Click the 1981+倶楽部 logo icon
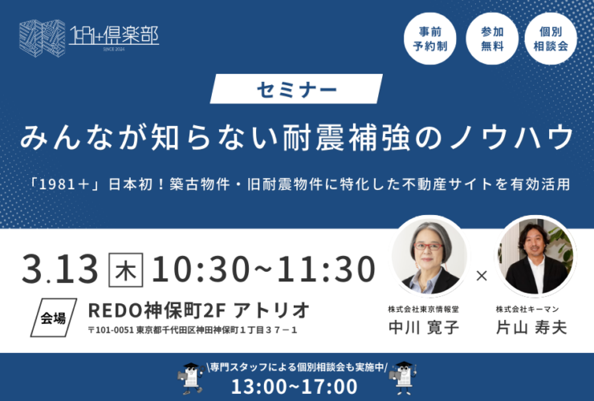(x=42, y=38)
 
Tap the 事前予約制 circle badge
(x=430, y=38)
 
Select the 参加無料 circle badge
(x=492, y=38)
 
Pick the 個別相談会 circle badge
(x=551, y=38)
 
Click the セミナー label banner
(x=296, y=89)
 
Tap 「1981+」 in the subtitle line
(x=66, y=184)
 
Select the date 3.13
(x=60, y=269)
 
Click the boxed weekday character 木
(x=126, y=270)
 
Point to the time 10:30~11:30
(x=263, y=269)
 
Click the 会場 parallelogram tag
(x=54, y=318)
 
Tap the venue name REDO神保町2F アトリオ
(x=199, y=311)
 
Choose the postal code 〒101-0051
(x=111, y=330)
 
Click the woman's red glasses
(x=428, y=246)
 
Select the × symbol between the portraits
(x=482, y=276)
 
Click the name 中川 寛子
(x=424, y=328)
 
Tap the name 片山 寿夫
(x=531, y=328)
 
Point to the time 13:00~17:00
(x=295, y=387)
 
